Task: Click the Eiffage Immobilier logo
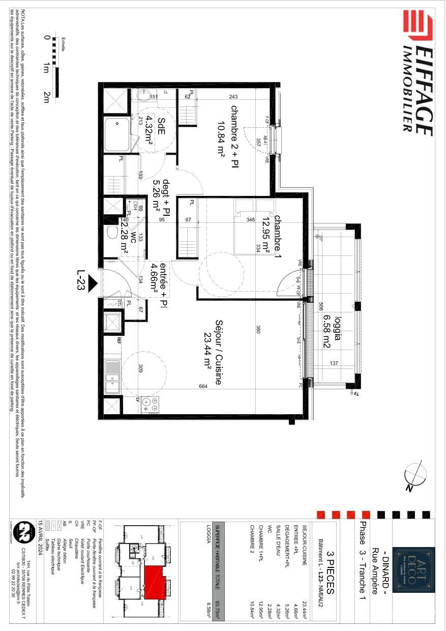tap(417, 74)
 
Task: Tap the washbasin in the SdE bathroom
tap(143, 95)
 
